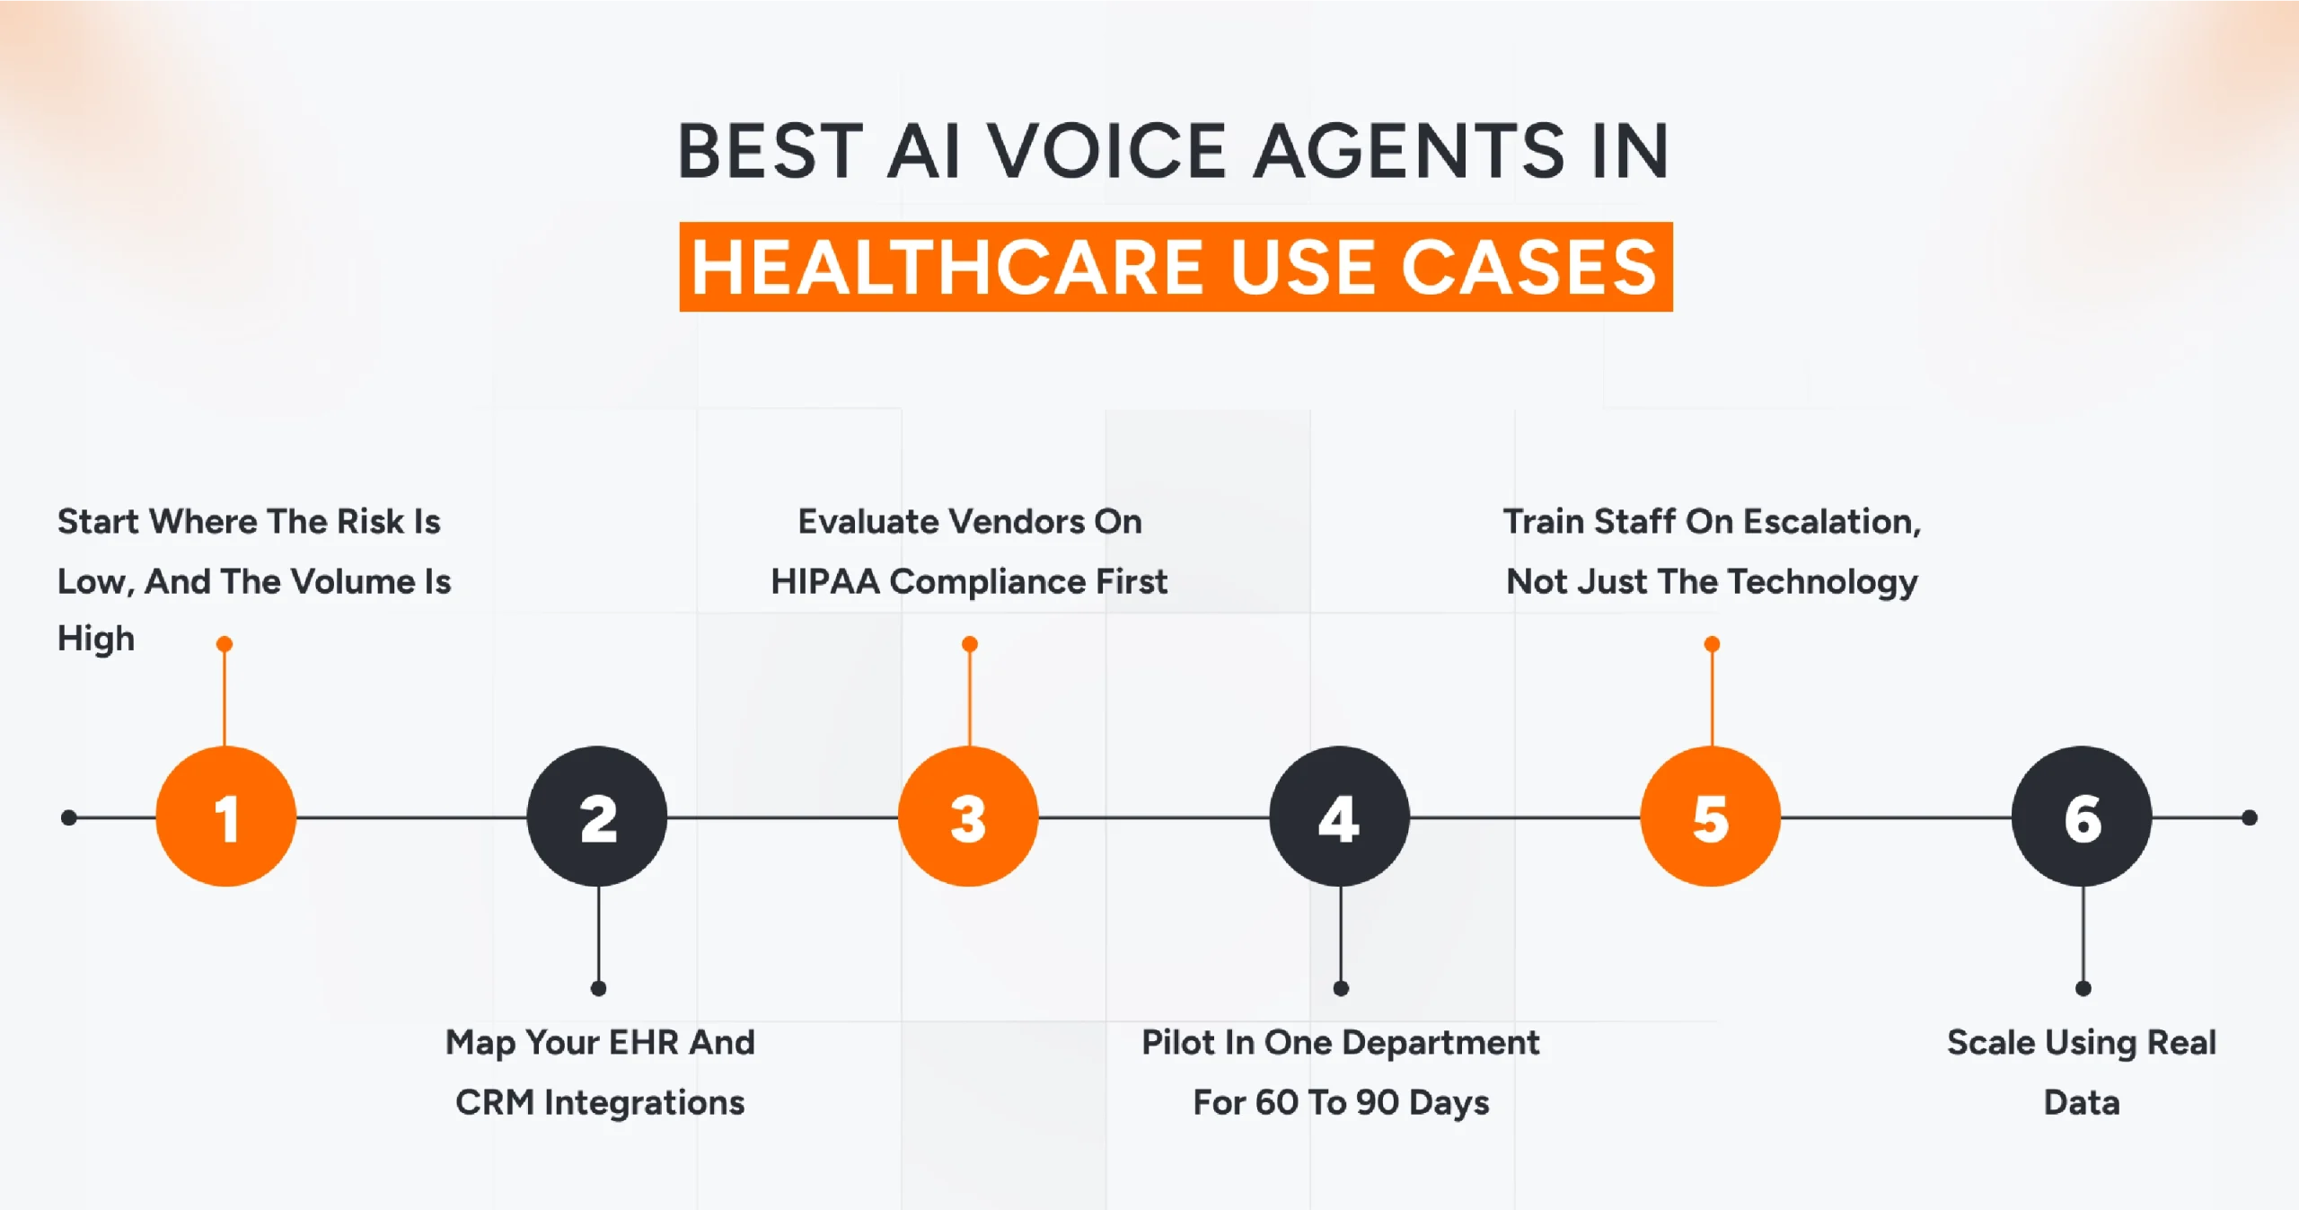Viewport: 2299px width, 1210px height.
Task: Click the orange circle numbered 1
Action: pyautogui.click(x=225, y=817)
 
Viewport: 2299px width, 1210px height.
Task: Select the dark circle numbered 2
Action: pyautogui.click(x=597, y=817)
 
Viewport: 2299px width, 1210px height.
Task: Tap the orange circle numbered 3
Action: pyautogui.click(x=968, y=817)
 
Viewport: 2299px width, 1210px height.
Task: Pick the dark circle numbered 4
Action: pyautogui.click(x=1339, y=817)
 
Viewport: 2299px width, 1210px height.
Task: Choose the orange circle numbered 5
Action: pyautogui.click(x=1711, y=817)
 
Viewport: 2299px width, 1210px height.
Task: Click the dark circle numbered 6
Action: pyautogui.click(x=2082, y=817)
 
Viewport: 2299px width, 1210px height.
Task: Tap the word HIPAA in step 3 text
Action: pyautogui.click(x=824, y=582)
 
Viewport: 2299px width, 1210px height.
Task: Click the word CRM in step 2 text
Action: pyautogui.click(x=494, y=1103)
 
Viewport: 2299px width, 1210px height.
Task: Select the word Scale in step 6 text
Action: pyautogui.click(x=1991, y=1043)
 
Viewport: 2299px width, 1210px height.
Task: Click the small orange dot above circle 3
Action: pyautogui.click(x=969, y=644)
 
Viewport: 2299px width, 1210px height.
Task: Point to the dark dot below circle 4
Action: pyautogui.click(x=1341, y=988)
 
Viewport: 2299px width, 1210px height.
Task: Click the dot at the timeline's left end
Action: pyautogui.click(x=69, y=817)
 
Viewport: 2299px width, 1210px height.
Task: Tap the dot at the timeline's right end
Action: pyautogui.click(x=2249, y=817)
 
